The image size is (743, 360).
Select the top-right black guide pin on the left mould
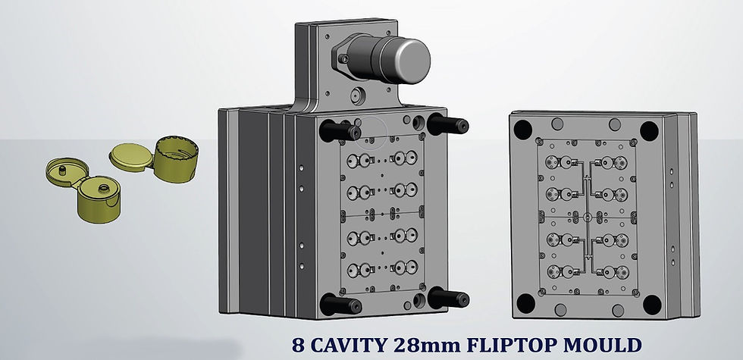tap(448, 124)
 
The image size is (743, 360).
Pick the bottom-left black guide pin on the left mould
tap(334, 304)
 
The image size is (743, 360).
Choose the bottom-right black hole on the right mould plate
tap(651, 304)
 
